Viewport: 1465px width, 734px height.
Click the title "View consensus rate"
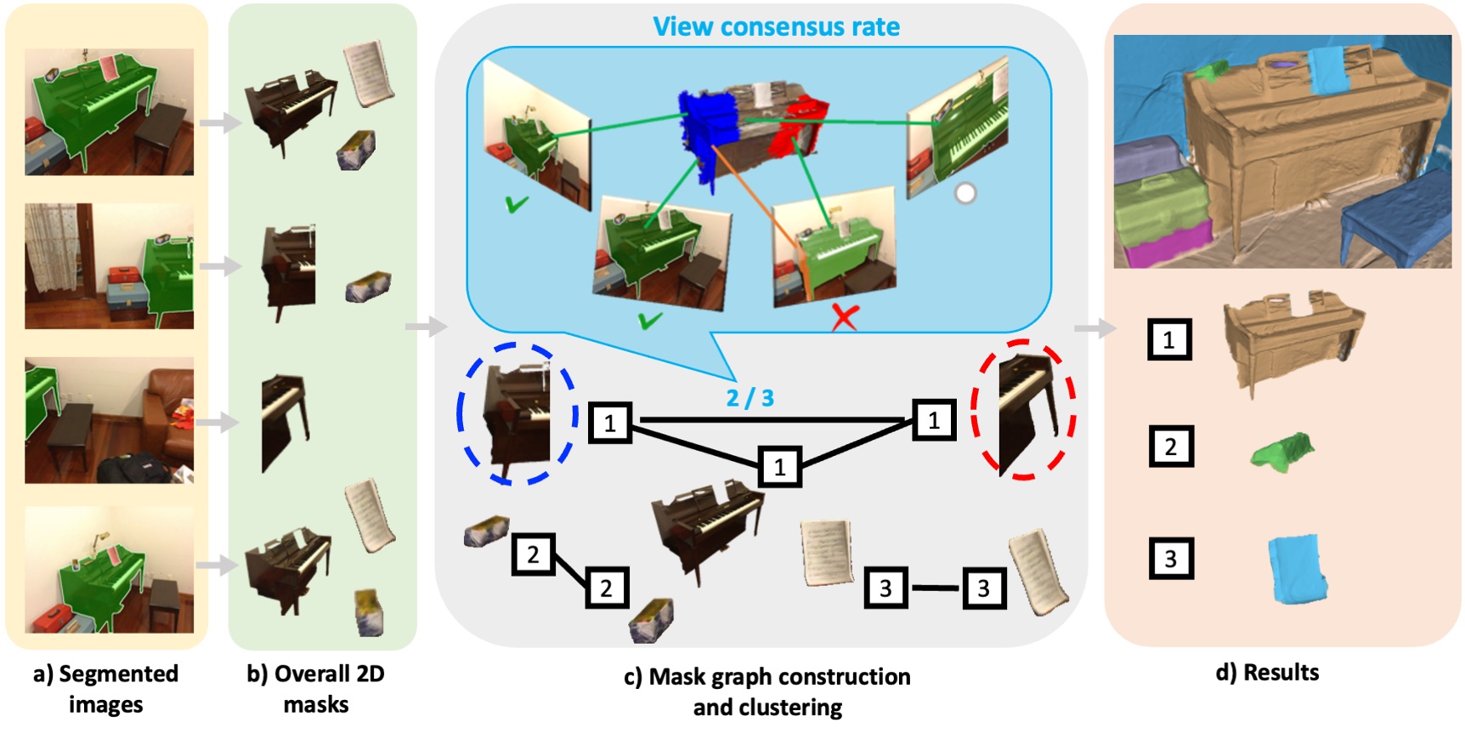pyautogui.click(x=776, y=26)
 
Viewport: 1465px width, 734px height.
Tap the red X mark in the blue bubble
pyautogui.click(x=844, y=318)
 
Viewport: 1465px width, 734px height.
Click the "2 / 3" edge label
pyautogui.click(x=749, y=398)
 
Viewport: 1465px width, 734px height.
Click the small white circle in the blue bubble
pyautogui.click(x=965, y=194)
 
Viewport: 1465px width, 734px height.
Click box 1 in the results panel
pyautogui.click(x=1169, y=339)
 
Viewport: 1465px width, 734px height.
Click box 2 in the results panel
pyautogui.click(x=1170, y=447)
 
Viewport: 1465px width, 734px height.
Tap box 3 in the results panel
pyautogui.click(x=1170, y=559)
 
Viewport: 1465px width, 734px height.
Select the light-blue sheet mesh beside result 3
pyautogui.click(x=1297, y=568)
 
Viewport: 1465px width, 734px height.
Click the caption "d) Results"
pyautogui.click(x=1267, y=673)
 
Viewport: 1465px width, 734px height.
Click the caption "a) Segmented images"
pyautogui.click(x=105, y=688)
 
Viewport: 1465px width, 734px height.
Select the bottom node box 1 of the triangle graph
pyautogui.click(x=779, y=467)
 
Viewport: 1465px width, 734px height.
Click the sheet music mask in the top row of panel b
pyautogui.click(x=368, y=74)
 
